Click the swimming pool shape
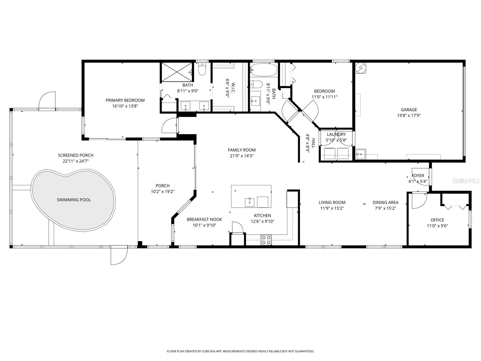click(74, 199)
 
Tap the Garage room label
click(409, 110)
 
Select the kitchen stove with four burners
click(266, 240)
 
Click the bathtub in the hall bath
click(264, 70)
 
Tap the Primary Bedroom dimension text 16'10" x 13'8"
click(125, 106)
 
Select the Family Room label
click(241, 150)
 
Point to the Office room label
click(437, 220)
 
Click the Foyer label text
click(418, 176)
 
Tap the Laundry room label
click(336, 134)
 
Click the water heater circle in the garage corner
click(360, 68)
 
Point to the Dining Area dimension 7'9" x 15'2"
click(385, 208)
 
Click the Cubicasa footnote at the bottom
click(240, 351)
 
